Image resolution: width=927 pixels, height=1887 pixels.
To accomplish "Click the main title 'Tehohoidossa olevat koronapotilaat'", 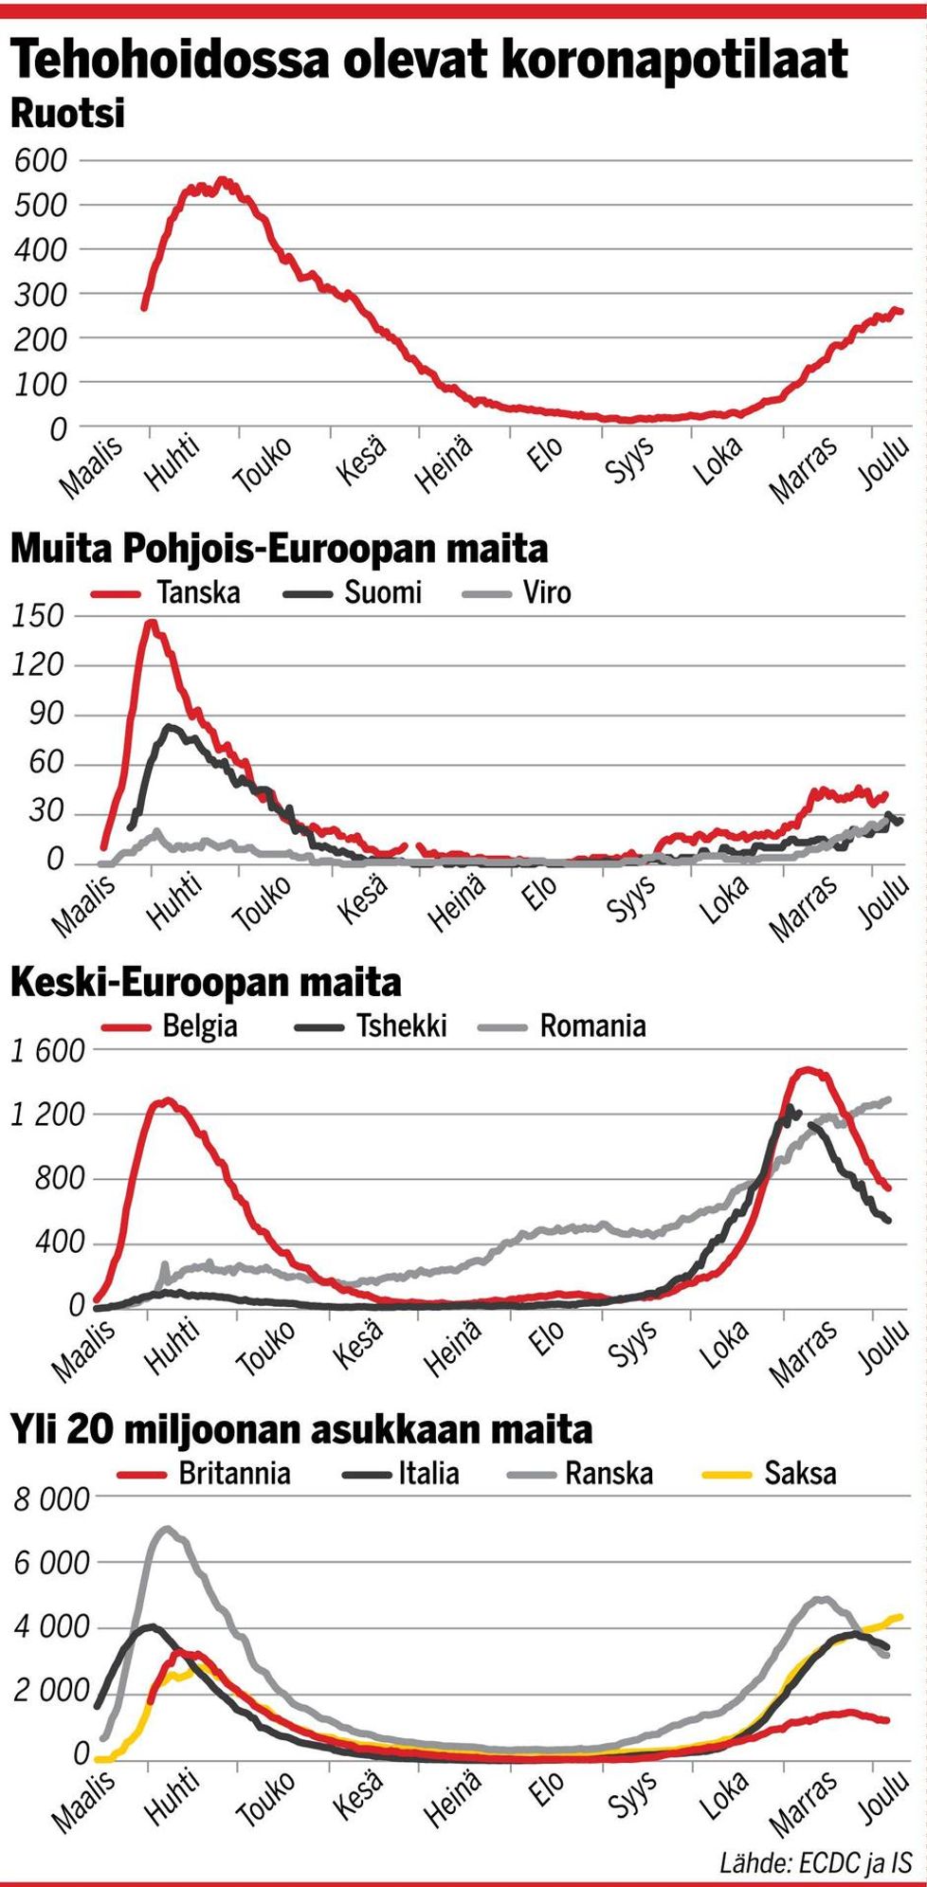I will click(428, 60).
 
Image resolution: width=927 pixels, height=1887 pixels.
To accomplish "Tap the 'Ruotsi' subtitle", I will click(67, 114).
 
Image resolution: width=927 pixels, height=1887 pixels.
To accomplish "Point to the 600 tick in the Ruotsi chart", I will click(42, 160).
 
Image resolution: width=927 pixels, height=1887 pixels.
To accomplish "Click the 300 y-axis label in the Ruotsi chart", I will click(42, 294).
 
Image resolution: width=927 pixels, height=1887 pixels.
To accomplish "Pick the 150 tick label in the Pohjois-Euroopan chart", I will click(39, 616).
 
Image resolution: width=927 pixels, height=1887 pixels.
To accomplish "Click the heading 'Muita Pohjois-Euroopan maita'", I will click(280, 549).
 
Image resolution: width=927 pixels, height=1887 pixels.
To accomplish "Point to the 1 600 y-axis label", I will click(47, 1050).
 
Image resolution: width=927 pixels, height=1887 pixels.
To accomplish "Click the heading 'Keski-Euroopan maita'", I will click(206, 983).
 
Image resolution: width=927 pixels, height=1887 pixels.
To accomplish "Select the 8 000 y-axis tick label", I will click(51, 1499).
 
